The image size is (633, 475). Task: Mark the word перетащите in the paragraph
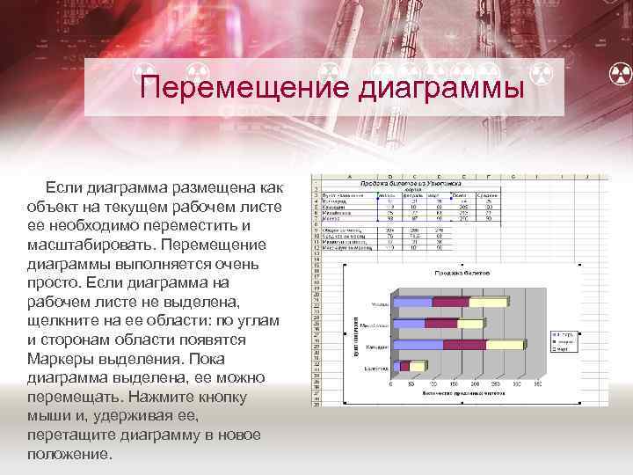tap(69, 435)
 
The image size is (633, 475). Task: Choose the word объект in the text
tap(54, 205)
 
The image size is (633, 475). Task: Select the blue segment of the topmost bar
tap(413, 302)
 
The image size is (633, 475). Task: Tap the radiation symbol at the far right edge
tap(621, 76)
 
